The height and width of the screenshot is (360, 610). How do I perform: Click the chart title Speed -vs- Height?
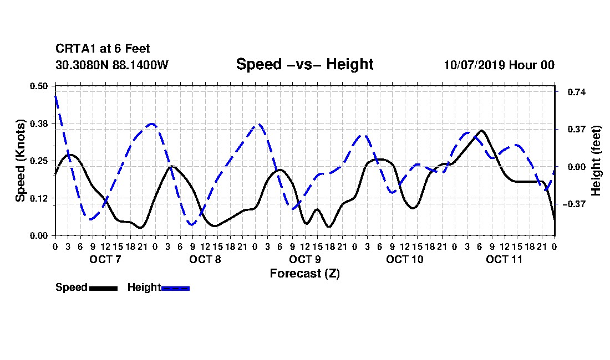[x=304, y=64]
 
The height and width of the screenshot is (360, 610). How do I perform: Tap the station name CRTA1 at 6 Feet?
[x=103, y=49]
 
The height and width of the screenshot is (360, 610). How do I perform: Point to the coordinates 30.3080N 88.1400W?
[x=111, y=65]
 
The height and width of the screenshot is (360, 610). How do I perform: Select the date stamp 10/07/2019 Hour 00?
[x=499, y=65]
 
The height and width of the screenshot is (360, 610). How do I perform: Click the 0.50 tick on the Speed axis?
[x=38, y=86]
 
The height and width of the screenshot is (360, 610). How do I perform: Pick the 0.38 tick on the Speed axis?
[x=38, y=124]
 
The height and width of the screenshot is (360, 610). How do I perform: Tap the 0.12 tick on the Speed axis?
[x=38, y=198]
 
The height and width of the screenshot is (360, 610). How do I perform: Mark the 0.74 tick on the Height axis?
[x=577, y=92]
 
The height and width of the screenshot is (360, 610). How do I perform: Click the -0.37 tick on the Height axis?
[x=574, y=204]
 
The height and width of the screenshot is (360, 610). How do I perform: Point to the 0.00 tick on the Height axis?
[x=577, y=167]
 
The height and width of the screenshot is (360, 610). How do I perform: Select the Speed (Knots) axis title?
[x=20, y=161]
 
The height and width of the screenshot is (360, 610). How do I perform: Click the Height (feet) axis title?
[x=596, y=161]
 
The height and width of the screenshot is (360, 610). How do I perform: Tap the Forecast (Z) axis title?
[x=304, y=274]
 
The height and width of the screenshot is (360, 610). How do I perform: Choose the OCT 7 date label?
[x=105, y=259]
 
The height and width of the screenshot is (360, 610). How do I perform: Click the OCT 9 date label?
[x=304, y=259]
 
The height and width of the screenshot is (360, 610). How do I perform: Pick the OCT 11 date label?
[x=504, y=259]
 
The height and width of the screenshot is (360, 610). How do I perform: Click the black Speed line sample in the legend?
[x=103, y=288]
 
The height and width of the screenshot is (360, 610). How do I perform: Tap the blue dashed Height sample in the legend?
[x=175, y=288]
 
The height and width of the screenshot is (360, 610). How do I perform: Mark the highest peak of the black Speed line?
[x=481, y=131]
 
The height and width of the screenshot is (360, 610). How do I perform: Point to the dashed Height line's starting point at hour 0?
[x=55, y=96]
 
